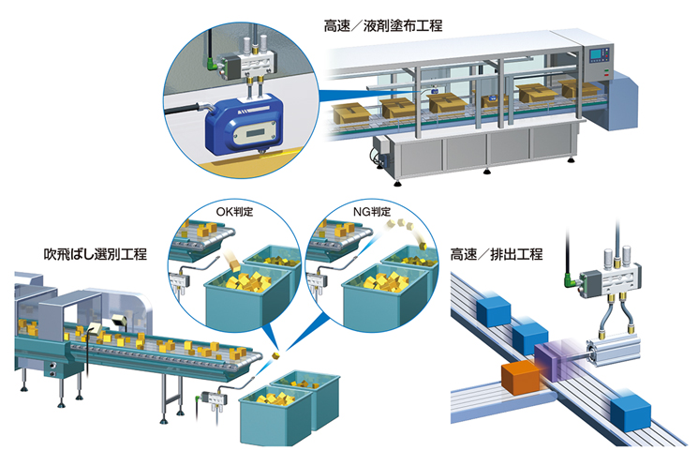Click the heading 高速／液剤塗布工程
(383, 26)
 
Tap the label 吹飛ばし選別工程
(96, 254)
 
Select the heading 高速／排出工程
(497, 254)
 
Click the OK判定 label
(234, 211)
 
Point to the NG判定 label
(372, 211)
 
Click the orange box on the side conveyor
(521, 377)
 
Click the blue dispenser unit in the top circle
(244, 125)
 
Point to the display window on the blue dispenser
(255, 134)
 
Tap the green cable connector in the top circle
(214, 66)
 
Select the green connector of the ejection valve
(572, 280)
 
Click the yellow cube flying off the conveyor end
(275, 355)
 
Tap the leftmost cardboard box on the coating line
(350, 113)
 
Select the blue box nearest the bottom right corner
(630, 411)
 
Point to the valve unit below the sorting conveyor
(215, 398)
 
